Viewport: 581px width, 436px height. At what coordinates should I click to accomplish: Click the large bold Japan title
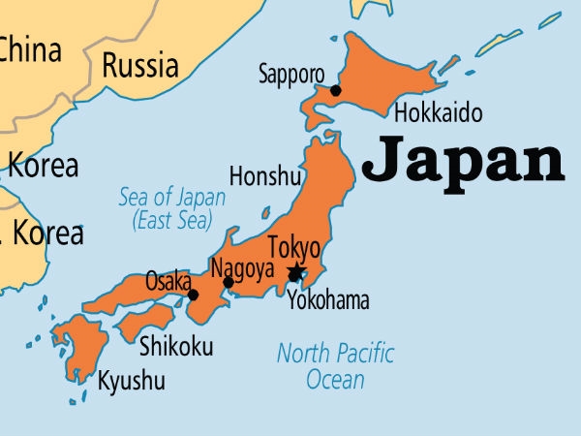pyautogui.click(x=463, y=161)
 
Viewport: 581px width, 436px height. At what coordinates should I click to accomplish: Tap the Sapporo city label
pyautogui.click(x=291, y=74)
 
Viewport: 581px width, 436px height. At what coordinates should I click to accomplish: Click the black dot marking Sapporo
pyautogui.click(x=335, y=90)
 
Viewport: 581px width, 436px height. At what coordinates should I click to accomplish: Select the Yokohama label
pyautogui.click(x=327, y=300)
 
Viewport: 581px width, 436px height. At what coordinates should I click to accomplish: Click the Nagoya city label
pyautogui.click(x=242, y=266)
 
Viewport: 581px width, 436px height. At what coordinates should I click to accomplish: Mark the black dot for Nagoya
pyautogui.click(x=229, y=282)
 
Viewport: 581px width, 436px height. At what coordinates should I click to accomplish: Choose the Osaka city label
pyautogui.click(x=168, y=281)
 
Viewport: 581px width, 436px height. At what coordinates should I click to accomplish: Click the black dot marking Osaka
pyautogui.click(x=193, y=295)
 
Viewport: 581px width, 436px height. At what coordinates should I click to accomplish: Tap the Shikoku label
pyautogui.click(x=176, y=346)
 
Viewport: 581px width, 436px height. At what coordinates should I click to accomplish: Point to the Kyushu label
pyautogui.click(x=132, y=382)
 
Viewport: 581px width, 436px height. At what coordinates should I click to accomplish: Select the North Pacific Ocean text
pyautogui.click(x=335, y=365)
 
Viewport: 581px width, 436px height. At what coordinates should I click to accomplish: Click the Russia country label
pyautogui.click(x=140, y=66)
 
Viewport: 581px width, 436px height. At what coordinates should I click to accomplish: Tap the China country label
pyautogui.click(x=29, y=48)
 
